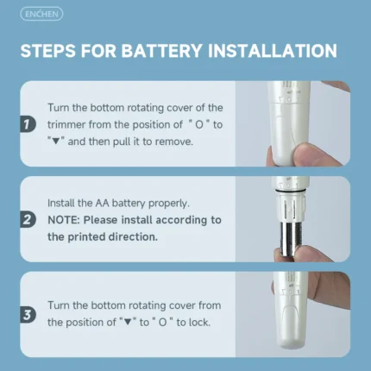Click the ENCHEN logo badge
(41, 14)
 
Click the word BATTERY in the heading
(161, 51)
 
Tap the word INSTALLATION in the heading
(272, 51)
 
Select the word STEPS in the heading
(48, 51)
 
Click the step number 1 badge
(28, 124)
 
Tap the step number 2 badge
(28, 220)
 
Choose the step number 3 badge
(28, 315)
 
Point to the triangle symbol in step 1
(56, 141)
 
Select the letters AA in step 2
(102, 203)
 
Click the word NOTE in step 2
(63, 220)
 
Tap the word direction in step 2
(133, 237)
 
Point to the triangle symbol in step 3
(128, 323)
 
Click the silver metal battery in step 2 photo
(291, 240)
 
